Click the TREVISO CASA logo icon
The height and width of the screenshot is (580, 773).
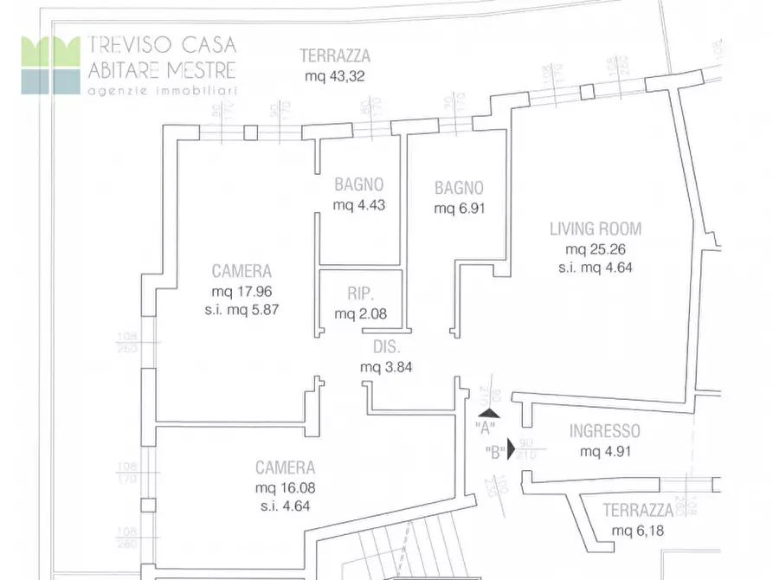50,64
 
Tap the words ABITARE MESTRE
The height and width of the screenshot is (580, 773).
161,69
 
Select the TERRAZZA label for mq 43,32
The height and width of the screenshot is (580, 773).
334,56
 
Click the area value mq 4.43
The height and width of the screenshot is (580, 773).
358,205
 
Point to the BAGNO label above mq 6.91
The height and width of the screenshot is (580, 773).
459,188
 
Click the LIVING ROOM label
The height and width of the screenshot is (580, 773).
596,229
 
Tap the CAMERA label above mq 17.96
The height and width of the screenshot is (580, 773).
242,271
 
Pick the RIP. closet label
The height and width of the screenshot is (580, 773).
359,293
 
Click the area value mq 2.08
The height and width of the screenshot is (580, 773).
359,313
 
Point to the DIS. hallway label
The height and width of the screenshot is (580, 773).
385,347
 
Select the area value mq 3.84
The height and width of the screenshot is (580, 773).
385,366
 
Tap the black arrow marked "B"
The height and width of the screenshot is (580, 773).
511,449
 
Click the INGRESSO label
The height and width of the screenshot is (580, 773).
604,431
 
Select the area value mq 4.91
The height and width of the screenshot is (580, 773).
604,451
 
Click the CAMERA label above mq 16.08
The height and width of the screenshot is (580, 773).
285,467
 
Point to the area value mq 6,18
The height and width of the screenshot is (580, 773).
637,531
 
